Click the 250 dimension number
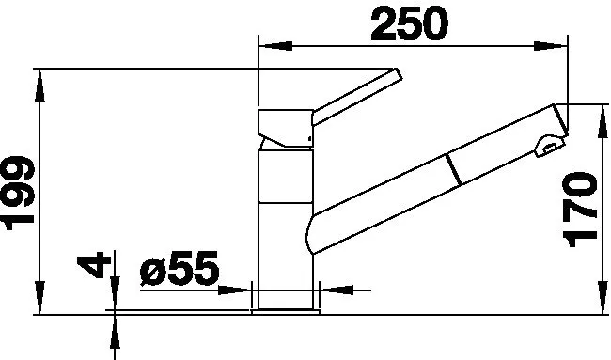pyautogui.click(x=409, y=24)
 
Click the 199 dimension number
pyautogui.click(x=19, y=193)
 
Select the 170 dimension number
pyautogui.click(x=580, y=210)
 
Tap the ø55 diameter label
pyautogui.click(x=180, y=268)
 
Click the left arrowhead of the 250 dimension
pyautogui.click(x=275, y=46)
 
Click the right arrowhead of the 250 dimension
pyautogui.click(x=550, y=46)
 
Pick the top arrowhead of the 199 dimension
pyautogui.click(x=39, y=86)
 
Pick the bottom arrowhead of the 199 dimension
pyautogui.click(x=39, y=297)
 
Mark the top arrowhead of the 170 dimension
pyautogui.click(x=603, y=121)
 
